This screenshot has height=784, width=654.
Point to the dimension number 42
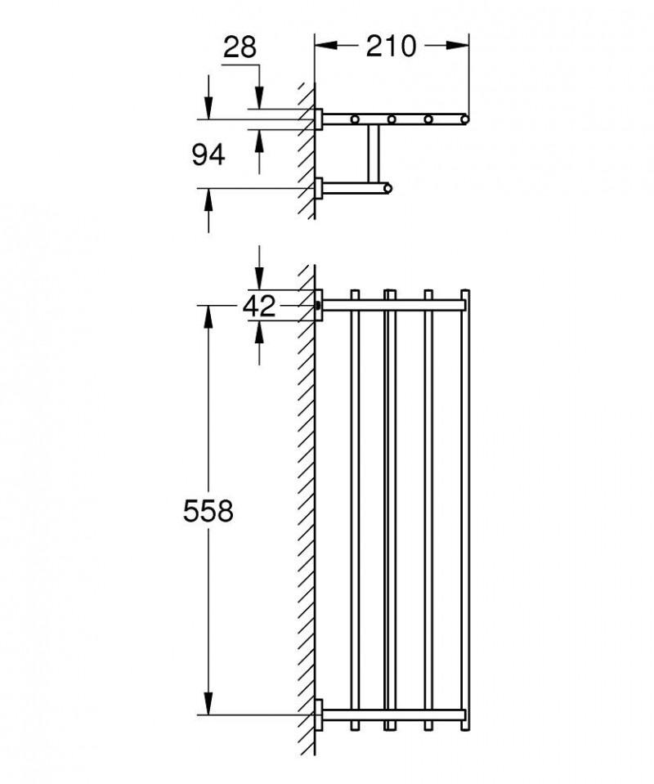click(x=259, y=306)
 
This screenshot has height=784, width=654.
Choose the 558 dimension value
click(x=208, y=512)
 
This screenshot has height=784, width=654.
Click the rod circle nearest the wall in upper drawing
click(x=356, y=120)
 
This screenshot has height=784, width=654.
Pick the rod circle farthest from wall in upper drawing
click(x=464, y=119)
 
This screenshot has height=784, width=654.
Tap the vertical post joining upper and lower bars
click(x=374, y=155)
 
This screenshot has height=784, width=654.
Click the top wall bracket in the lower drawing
click(x=320, y=305)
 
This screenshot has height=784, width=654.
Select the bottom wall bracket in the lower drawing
click(x=320, y=715)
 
